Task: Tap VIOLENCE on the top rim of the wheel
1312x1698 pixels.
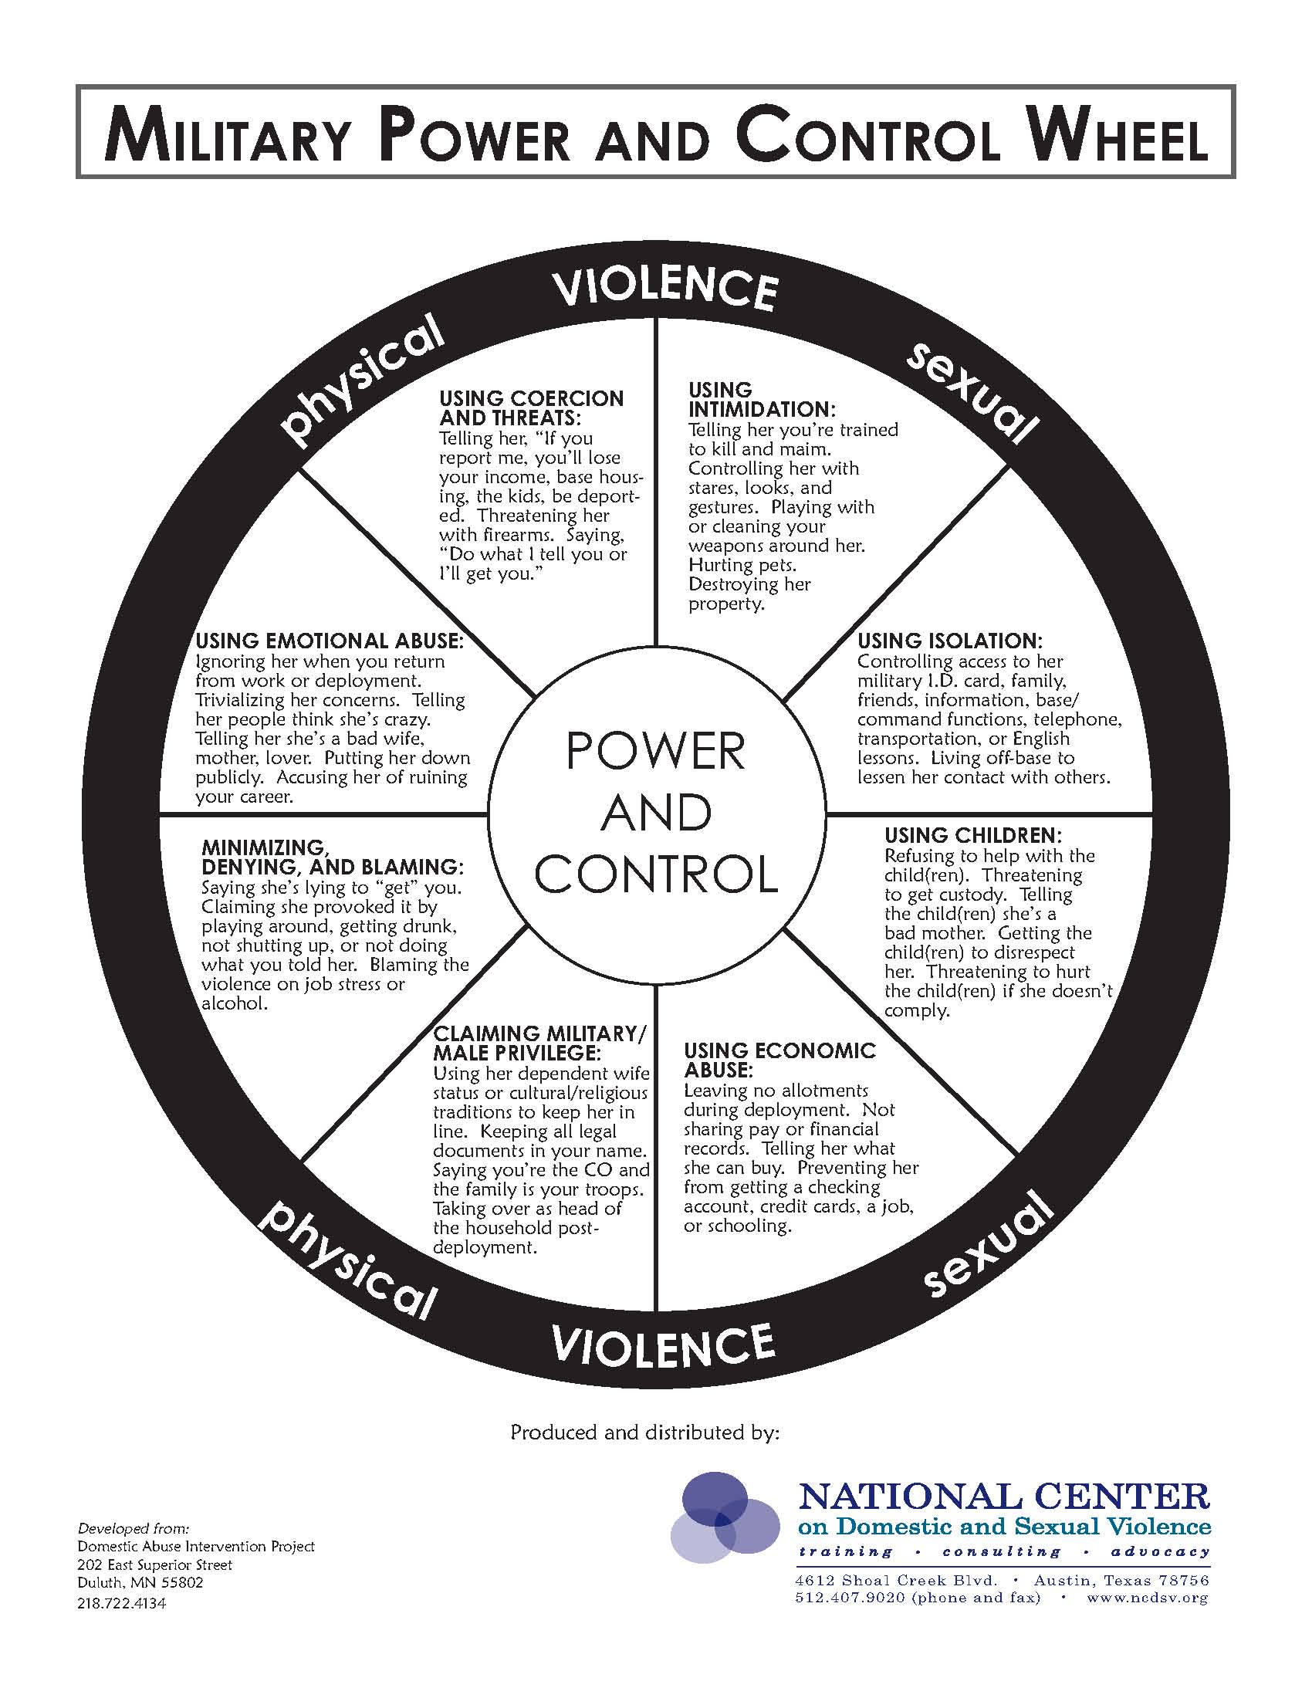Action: tap(665, 289)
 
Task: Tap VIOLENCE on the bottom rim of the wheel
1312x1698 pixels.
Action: tap(663, 1344)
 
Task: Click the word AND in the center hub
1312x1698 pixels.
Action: tap(656, 813)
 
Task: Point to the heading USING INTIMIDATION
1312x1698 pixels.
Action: tap(762, 399)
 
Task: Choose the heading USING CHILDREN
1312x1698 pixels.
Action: tap(972, 836)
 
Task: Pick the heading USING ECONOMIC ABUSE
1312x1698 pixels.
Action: tap(779, 1060)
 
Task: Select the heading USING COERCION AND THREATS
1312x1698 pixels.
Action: tap(531, 408)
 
